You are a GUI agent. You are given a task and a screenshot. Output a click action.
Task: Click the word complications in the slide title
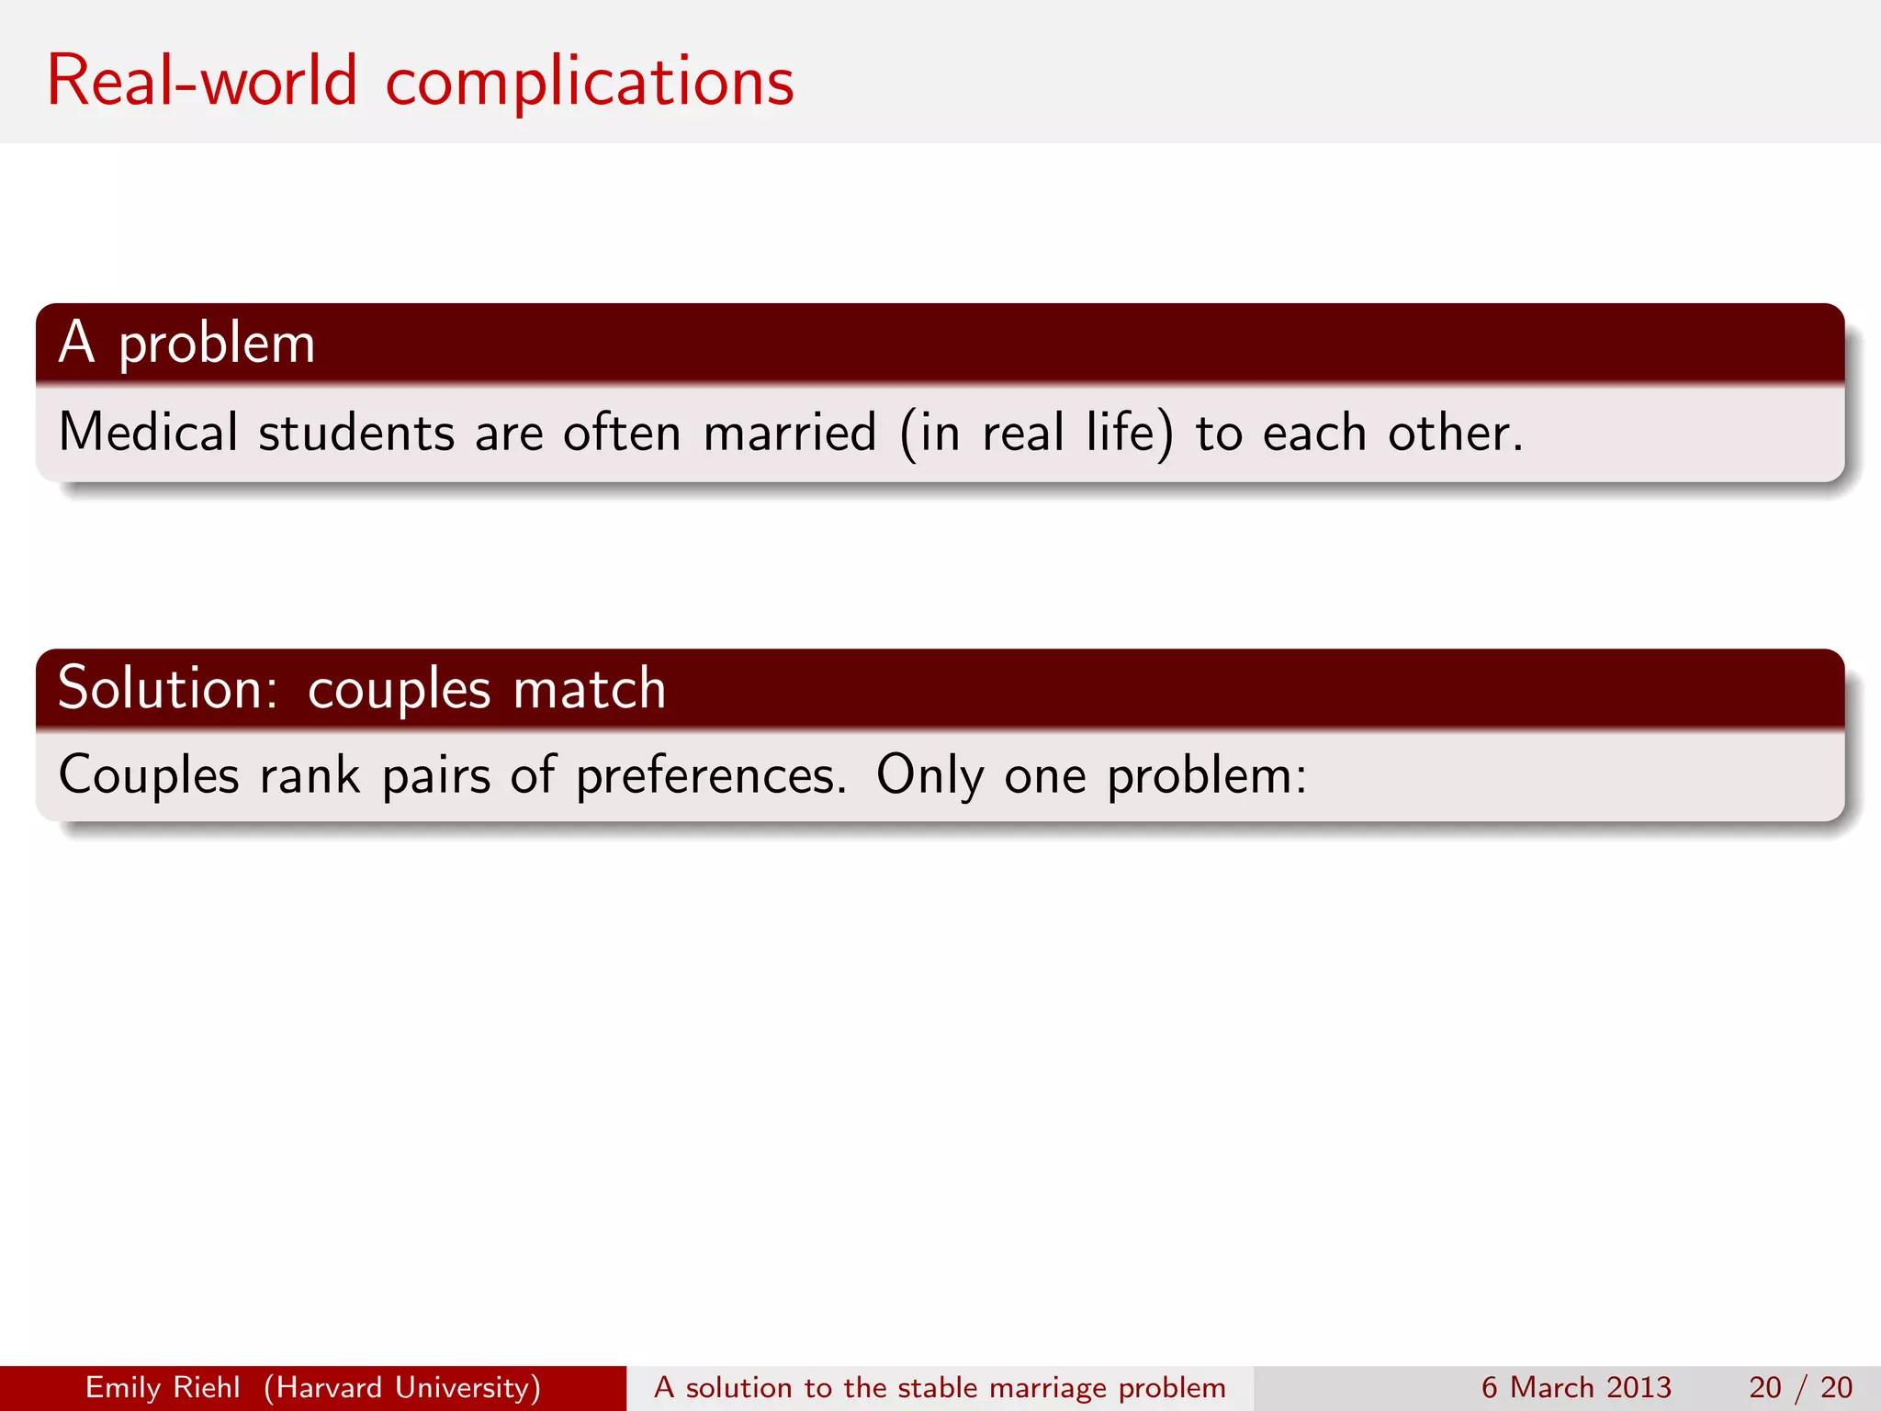(589, 83)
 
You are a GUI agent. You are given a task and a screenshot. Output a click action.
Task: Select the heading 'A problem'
(187, 344)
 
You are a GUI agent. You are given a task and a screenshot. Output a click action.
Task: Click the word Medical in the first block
(148, 433)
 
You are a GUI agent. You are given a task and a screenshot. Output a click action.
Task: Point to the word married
(790, 433)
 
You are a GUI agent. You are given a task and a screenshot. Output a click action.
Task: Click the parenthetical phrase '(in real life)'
(1036, 433)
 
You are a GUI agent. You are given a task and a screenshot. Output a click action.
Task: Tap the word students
(356, 433)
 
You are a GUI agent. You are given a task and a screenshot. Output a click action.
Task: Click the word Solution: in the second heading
(167, 688)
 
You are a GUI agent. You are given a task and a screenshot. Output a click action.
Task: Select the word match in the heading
(589, 688)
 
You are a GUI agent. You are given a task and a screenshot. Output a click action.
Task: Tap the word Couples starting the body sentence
(149, 774)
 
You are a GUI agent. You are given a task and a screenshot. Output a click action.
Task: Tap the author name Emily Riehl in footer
(163, 1387)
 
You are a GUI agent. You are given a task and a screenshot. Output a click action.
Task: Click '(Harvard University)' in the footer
(402, 1387)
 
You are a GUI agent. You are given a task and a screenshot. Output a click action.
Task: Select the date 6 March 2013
(1576, 1387)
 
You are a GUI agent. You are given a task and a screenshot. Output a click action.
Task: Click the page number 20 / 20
(1800, 1387)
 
